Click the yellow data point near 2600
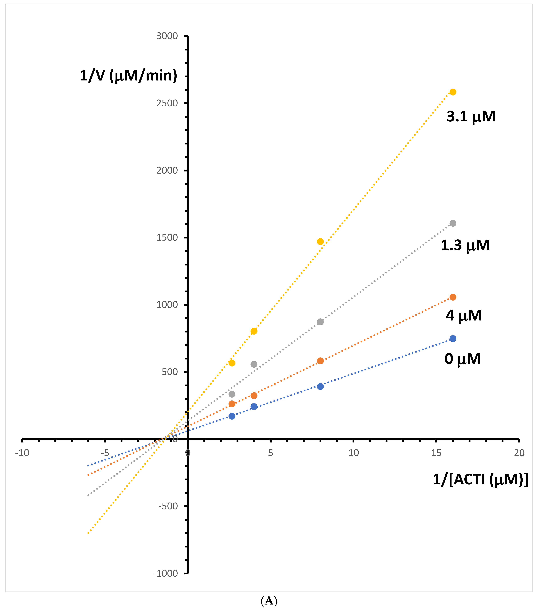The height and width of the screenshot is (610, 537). click(x=453, y=92)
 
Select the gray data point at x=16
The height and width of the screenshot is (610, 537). click(x=453, y=223)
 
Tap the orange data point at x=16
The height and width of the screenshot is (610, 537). click(x=453, y=297)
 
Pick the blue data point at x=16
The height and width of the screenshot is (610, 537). click(x=453, y=338)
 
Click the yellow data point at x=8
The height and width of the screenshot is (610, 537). click(x=320, y=241)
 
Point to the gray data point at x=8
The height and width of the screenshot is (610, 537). click(x=320, y=322)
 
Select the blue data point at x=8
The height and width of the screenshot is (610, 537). click(x=320, y=387)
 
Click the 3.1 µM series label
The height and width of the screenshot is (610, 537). click(x=471, y=116)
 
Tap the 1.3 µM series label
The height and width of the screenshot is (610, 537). click(x=465, y=245)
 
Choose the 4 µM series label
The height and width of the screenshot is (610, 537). click(x=464, y=315)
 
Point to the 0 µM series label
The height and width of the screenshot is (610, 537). click(x=462, y=359)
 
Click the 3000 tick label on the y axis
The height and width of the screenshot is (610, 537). click(x=167, y=36)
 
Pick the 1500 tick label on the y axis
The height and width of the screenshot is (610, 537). click(x=167, y=238)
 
